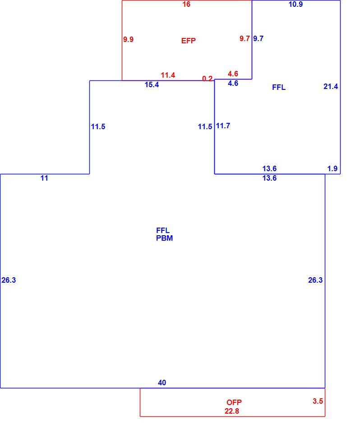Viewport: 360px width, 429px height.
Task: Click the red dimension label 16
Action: point(186,4)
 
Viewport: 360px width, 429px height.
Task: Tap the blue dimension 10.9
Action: point(295,4)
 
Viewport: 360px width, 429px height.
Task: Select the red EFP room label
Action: point(188,41)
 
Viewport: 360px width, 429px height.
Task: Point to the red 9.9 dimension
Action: point(128,39)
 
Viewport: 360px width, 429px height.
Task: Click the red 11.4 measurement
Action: point(168,75)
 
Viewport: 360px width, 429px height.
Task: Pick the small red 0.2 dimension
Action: point(207,79)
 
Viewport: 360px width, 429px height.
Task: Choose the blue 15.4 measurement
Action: point(152,85)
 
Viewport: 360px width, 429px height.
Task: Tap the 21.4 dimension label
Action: point(331,86)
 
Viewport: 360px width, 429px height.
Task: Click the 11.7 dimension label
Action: point(223,126)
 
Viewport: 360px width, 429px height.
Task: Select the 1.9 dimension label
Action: point(332,168)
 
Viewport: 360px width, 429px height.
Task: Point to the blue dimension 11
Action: point(44,178)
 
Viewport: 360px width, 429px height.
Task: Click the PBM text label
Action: point(164,238)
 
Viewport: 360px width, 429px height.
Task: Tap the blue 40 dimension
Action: point(162,382)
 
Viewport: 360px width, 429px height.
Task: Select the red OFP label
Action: point(234,402)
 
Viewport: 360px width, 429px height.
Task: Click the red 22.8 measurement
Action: point(232,411)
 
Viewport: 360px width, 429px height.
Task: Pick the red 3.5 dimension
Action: point(318,401)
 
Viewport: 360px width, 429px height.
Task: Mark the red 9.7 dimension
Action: point(245,38)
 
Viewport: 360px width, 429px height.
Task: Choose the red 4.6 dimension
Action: point(233,74)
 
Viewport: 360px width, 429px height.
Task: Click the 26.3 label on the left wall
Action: point(9,280)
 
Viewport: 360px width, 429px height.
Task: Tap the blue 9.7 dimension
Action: point(258,38)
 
